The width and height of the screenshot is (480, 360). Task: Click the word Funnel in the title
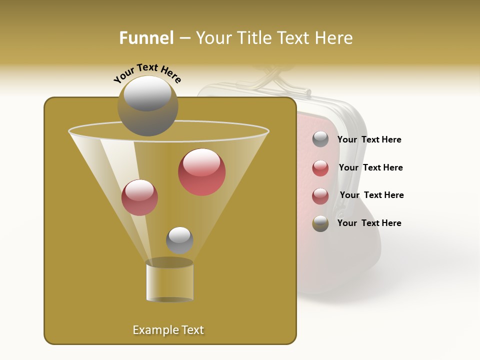146,38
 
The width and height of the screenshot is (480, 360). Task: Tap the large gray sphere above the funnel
147,106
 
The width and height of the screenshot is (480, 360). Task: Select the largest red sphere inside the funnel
201,172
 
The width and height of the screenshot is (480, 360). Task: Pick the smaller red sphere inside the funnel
139,197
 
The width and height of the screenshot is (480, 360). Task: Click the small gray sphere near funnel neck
179,240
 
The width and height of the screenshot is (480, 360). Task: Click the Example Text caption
168,330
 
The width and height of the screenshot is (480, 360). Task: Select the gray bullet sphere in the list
320,139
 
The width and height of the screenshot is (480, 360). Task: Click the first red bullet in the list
320,168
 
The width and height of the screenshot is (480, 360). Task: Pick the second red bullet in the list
320,196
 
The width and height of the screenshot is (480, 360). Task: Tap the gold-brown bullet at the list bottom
320,223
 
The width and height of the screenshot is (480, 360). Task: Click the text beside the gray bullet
369,140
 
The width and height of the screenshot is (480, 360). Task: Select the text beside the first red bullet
370,168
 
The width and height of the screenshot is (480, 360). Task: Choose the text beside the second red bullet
371,195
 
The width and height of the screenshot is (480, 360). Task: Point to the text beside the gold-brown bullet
369,223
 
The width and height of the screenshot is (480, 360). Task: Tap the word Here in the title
334,38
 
